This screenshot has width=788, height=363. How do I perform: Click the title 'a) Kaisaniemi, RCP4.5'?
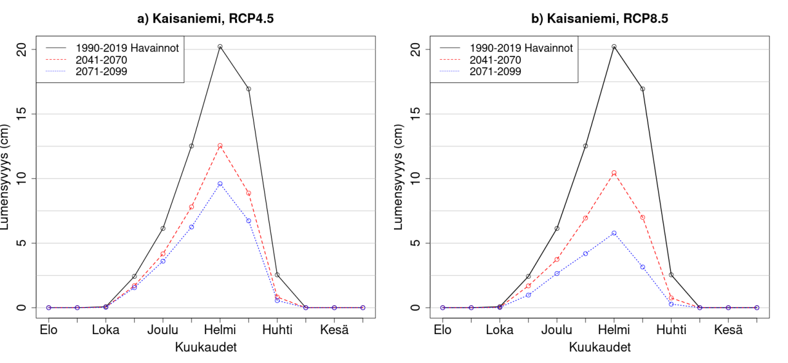click(206, 18)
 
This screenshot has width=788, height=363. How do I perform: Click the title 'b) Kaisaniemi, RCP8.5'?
click(600, 18)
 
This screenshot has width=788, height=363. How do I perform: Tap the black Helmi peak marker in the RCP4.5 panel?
click(220, 47)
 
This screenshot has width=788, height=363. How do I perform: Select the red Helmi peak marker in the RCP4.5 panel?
click(220, 146)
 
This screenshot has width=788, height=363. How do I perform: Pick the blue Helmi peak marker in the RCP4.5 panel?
click(220, 184)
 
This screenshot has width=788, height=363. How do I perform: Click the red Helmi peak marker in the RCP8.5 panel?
click(614, 173)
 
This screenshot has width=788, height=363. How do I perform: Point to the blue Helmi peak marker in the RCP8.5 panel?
click(614, 233)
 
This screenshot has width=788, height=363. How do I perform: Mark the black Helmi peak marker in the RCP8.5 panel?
click(614, 47)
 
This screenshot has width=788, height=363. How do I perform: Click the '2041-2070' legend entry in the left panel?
click(102, 60)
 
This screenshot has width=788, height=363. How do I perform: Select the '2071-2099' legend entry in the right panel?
click(496, 71)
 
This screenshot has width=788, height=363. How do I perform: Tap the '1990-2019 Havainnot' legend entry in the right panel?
click(521, 48)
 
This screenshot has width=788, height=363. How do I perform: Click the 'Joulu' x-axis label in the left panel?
click(163, 330)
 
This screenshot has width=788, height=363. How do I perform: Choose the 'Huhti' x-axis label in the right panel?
click(671, 330)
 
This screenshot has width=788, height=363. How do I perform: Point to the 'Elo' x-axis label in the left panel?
click(49, 330)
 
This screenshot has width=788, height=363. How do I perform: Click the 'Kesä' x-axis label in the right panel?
click(728, 330)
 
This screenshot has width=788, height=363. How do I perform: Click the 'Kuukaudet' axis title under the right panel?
click(600, 348)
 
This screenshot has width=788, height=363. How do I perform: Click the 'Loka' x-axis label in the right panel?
click(500, 330)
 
